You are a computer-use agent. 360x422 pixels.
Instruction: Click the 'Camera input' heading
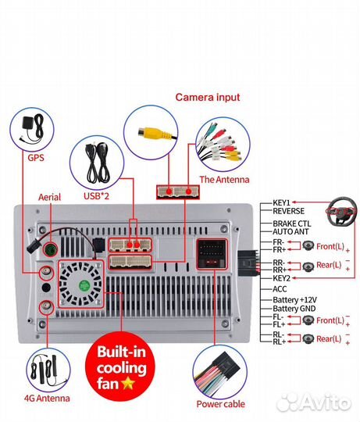(208, 97)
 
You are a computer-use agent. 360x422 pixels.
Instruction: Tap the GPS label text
(36, 157)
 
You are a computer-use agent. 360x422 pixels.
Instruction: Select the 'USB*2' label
(97, 196)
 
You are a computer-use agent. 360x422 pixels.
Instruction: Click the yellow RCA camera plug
(155, 134)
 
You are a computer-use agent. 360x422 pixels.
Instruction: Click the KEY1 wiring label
(281, 202)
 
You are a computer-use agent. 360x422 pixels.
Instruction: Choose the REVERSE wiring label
(288, 211)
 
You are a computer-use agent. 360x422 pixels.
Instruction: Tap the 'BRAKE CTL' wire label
(292, 224)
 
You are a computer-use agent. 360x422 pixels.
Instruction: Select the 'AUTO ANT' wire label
(290, 231)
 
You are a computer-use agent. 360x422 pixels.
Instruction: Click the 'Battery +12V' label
(294, 300)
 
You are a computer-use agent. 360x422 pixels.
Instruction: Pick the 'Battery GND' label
(294, 309)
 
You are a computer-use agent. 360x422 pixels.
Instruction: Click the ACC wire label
(280, 289)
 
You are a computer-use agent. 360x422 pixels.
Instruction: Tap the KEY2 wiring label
(281, 278)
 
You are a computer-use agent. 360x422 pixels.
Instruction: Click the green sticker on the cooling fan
(84, 285)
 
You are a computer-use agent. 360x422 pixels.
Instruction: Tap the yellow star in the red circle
(129, 383)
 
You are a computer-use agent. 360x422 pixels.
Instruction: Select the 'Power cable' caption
(220, 404)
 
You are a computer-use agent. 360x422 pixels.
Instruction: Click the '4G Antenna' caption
(47, 398)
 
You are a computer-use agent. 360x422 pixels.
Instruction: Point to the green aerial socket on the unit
(51, 249)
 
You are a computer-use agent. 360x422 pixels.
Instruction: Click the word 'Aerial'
(49, 197)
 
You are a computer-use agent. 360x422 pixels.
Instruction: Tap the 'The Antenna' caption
(224, 180)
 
